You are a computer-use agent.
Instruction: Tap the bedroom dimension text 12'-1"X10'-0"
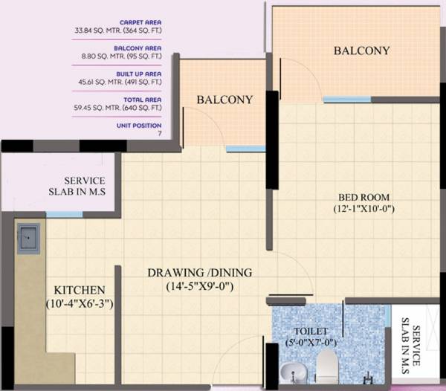coord(364,210)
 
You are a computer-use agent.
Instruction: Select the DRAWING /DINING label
coord(199,271)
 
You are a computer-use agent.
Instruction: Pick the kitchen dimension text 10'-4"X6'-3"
coord(78,303)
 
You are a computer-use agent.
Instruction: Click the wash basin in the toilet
coord(289,374)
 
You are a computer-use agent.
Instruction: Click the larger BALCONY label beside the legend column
coord(361,51)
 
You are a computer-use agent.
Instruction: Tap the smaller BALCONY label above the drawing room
coord(224,100)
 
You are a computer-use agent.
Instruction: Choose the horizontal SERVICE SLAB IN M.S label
coord(84,187)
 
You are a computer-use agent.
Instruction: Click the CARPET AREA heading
coord(141,23)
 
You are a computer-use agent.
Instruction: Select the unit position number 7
coord(159,132)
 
